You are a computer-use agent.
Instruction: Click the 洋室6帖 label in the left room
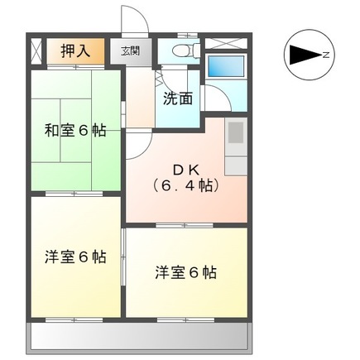pyautogui.click(x=74, y=257)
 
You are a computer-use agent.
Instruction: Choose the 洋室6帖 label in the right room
pyautogui.click(x=185, y=271)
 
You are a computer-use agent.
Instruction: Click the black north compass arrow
pyautogui.click(x=301, y=55)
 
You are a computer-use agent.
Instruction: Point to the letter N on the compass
pyautogui.click(x=327, y=55)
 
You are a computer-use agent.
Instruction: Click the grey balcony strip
pyautogui.click(x=141, y=336)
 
